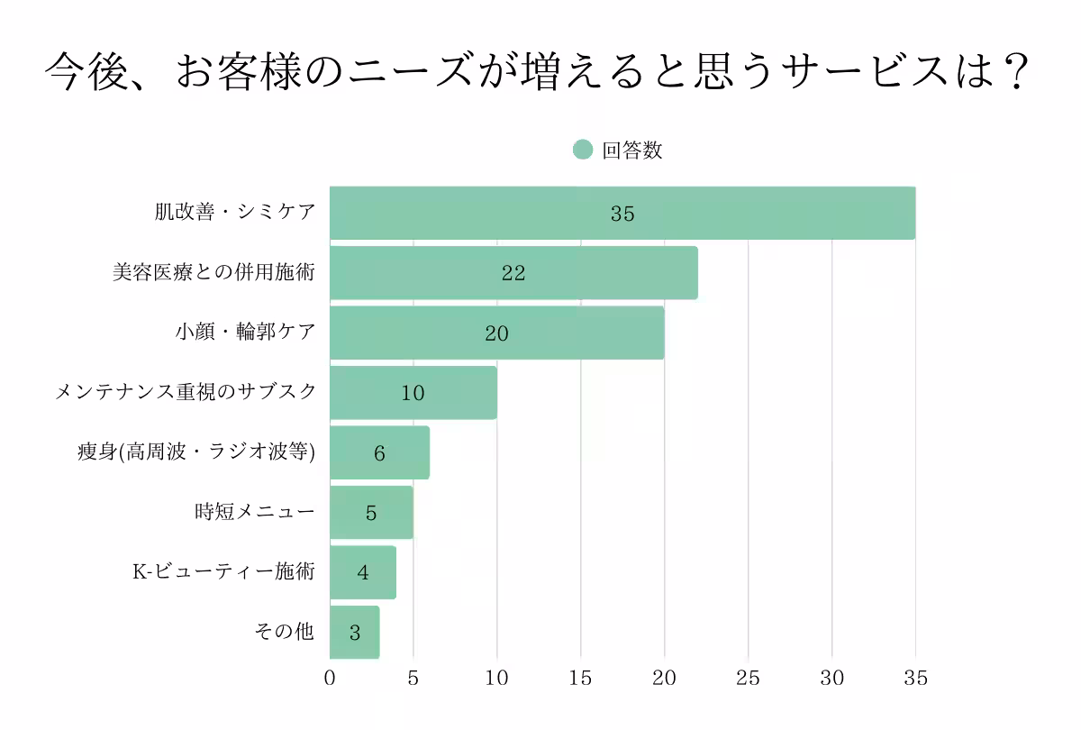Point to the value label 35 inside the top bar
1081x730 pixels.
[x=622, y=214]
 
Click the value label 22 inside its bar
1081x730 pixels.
[x=513, y=274]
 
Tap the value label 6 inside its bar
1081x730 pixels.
[x=379, y=453]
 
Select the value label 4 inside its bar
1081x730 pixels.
[x=363, y=573]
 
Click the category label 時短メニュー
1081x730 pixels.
[x=255, y=513]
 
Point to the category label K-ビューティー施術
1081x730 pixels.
[x=223, y=572]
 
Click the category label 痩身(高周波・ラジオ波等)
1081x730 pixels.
[x=196, y=452]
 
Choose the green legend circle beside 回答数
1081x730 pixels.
[x=583, y=151]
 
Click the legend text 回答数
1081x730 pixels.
[x=632, y=151]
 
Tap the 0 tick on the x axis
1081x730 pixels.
[x=330, y=679]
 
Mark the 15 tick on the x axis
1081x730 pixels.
[x=581, y=679]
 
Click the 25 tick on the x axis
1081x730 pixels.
[x=749, y=679]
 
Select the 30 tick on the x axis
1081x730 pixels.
[x=831, y=679]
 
